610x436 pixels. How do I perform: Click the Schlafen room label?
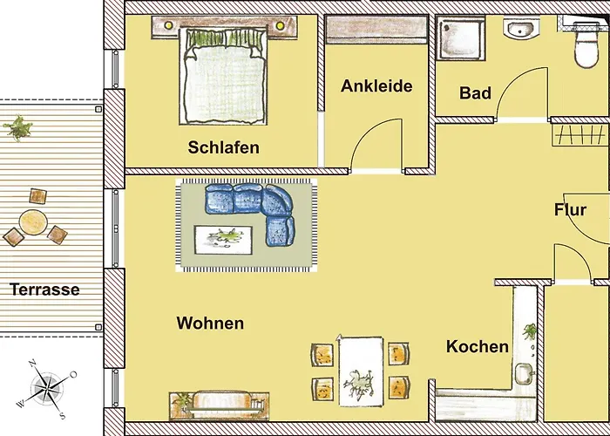coord(223,147)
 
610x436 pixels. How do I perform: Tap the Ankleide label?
coord(376,86)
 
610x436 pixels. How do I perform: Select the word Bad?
coord(475,93)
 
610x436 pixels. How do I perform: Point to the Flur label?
coord(569,210)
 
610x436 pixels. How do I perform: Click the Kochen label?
coord(477,346)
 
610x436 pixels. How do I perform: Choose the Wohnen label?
coord(210,324)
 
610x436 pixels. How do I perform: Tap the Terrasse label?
coord(44,290)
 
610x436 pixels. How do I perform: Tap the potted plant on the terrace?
coord(17,129)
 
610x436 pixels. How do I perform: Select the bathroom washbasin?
coord(519,31)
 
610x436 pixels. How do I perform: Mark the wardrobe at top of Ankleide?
coord(376,30)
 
